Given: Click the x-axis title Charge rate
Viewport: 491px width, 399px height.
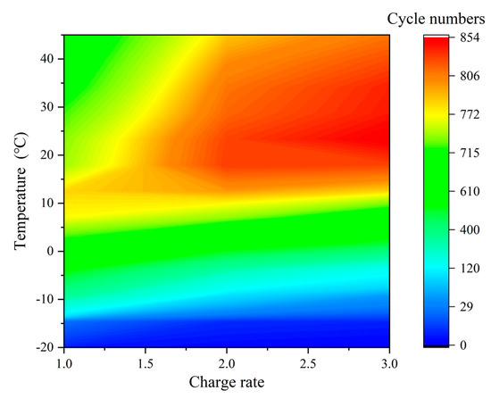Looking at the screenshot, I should click(228, 384).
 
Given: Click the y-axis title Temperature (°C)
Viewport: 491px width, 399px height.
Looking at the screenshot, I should click(21, 191).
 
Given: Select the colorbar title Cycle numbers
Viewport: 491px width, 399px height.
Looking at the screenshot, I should click(437, 17).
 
